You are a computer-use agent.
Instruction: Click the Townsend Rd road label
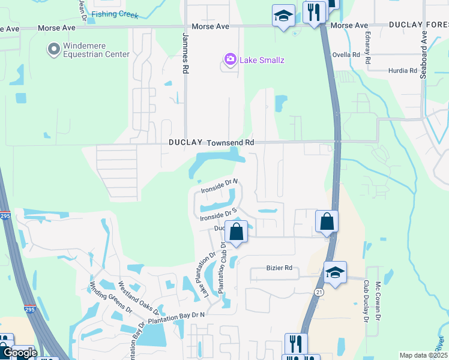(x=231, y=143)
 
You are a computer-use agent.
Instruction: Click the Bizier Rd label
(x=280, y=268)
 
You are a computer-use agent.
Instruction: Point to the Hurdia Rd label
(x=403, y=70)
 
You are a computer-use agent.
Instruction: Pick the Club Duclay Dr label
(x=365, y=300)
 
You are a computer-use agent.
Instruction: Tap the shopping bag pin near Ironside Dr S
(x=237, y=231)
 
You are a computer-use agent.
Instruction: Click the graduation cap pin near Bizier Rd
(x=334, y=273)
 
